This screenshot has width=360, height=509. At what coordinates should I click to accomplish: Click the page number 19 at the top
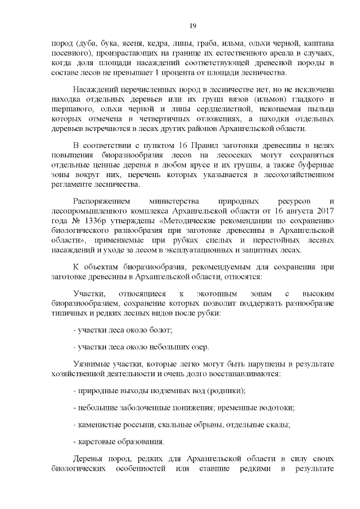click(192, 26)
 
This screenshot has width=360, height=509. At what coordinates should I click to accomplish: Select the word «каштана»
click(319, 43)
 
